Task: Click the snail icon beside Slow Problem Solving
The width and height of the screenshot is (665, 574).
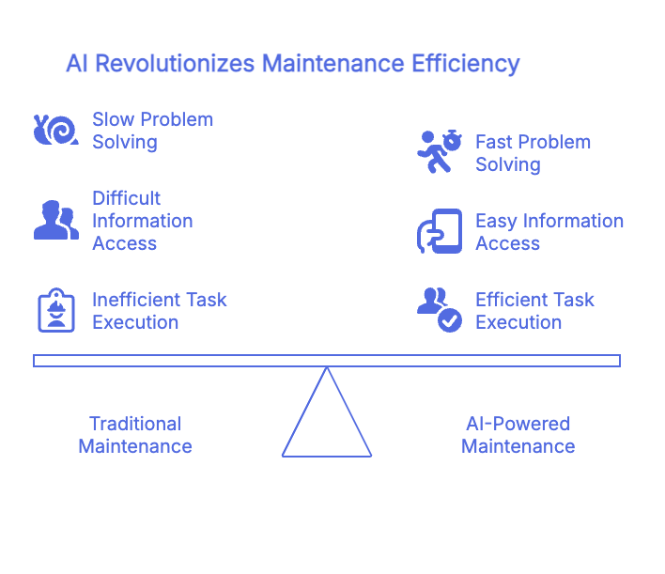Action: pyautogui.click(x=55, y=131)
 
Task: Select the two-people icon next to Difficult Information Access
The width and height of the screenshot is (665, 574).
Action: pyautogui.click(x=55, y=220)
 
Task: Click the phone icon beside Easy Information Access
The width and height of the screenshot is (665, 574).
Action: pyautogui.click(x=440, y=231)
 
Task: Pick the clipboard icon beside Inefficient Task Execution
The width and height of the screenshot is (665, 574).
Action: pyautogui.click(x=55, y=310)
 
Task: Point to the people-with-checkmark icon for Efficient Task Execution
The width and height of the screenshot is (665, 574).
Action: pyautogui.click(x=440, y=310)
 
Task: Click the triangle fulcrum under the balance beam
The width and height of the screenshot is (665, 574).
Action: pyautogui.click(x=327, y=423)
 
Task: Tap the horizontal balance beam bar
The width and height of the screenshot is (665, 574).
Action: pyautogui.click(x=327, y=361)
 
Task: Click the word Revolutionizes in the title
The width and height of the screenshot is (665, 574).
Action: pyautogui.click(x=175, y=64)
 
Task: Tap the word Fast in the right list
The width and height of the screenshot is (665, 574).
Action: pyautogui.click(x=494, y=142)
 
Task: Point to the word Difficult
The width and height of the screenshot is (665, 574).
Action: pyautogui.click(x=127, y=198)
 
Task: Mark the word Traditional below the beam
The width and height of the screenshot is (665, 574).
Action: pyautogui.click(x=134, y=424)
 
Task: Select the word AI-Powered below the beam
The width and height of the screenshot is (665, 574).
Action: pyautogui.click(x=518, y=424)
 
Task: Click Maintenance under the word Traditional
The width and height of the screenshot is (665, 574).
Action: pyautogui.click(x=134, y=446)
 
